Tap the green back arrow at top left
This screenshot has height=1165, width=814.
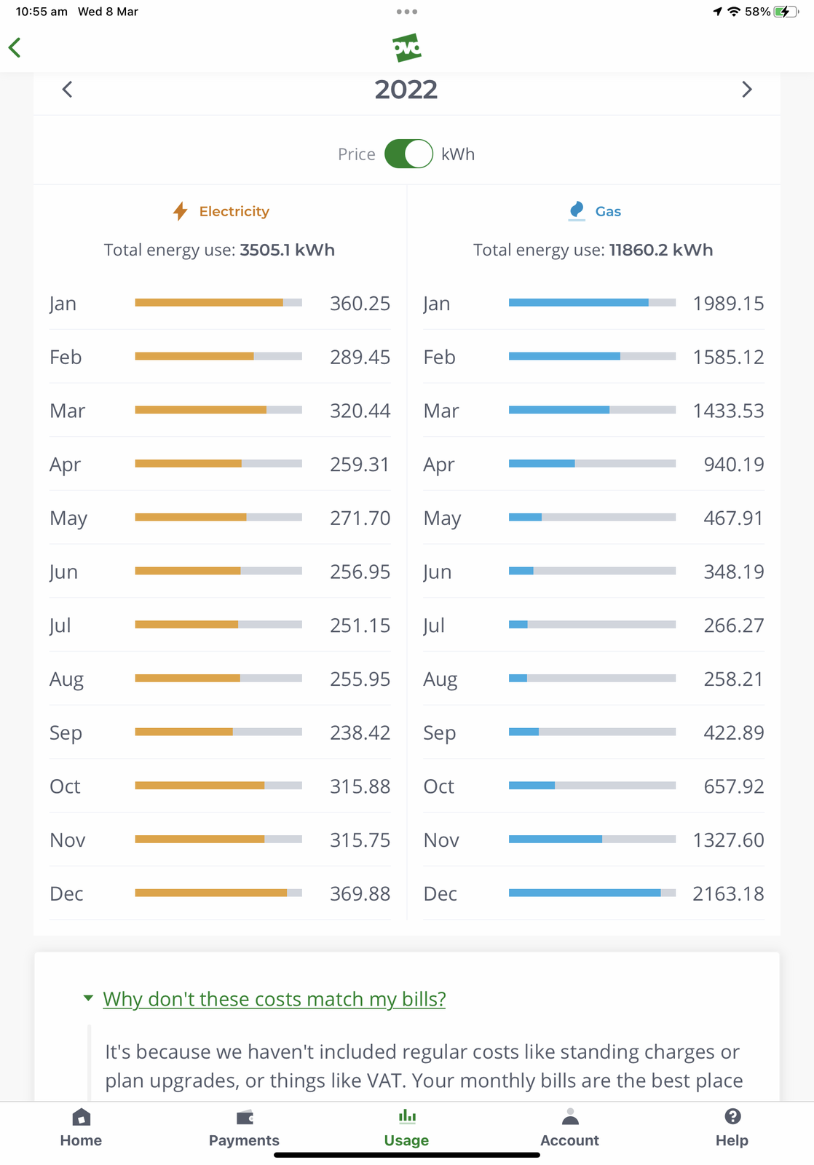[x=15, y=48]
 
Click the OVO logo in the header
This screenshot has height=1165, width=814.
[x=407, y=48]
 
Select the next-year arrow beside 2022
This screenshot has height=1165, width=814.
[x=746, y=90]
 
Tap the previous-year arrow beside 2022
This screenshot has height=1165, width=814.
[x=67, y=90]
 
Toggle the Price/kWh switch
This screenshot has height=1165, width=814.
[x=408, y=154]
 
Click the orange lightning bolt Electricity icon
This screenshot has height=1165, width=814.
[x=181, y=211]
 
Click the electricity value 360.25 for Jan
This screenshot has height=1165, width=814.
[x=360, y=304]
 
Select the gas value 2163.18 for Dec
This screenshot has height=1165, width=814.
[x=728, y=893]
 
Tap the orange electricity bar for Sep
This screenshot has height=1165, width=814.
[x=184, y=732]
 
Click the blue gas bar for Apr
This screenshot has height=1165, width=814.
[x=542, y=464]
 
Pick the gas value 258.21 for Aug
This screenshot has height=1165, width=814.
[x=733, y=679]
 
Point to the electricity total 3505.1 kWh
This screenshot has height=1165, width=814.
[x=287, y=250]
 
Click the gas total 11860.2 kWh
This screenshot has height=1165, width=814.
[x=660, y=250]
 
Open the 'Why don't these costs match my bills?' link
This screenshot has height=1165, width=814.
[x=274, y=999]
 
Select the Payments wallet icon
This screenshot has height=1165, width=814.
[x=245, y=1118]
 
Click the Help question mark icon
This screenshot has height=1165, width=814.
[x=732, y=1117]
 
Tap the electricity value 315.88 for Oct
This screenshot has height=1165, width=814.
[x=360, y=786]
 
